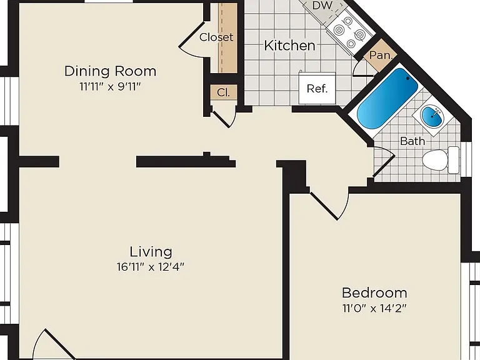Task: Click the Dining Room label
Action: click(x=110, y=71)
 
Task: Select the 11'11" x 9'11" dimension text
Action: click(x=110, y=87)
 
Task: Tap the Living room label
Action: click(x=151, y=252)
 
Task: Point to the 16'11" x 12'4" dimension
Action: click(x=151, y=267)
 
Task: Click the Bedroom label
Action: click(x=374, y=293)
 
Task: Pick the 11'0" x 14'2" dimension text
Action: click(x=374, y=308)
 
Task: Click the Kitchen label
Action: click(x=289, y=46)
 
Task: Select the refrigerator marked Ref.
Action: click(x=317, y=88)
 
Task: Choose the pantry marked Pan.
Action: click(x=381, y=56)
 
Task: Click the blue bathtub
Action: click(x=387, y=99)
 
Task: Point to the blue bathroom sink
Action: click(x=432, y=116)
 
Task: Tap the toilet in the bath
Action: click(x=441, y=160)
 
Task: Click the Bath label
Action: click(x=412, y=141)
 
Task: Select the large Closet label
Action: click(x=216, y=37)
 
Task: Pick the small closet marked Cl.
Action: click(x=223, y=92)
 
